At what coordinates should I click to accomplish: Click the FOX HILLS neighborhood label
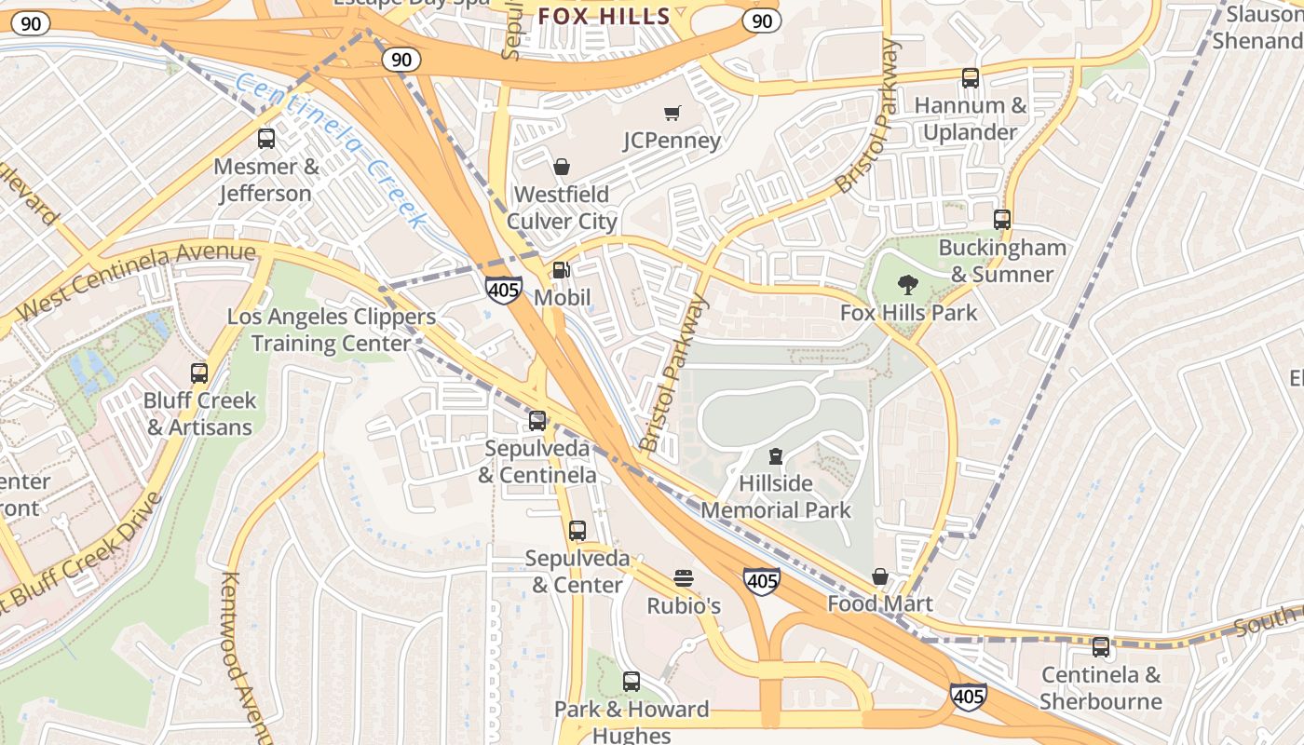point(604,16)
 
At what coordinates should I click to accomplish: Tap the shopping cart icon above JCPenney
point(672,113)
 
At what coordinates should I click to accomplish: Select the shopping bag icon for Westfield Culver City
point(562,167)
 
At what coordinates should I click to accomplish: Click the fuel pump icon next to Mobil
point(562,270)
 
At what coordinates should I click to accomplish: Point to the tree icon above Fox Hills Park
point(908,285)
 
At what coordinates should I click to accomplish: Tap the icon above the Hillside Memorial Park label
point(775,456)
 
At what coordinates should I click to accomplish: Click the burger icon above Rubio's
point(684,578)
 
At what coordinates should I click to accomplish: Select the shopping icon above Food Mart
point(879,576)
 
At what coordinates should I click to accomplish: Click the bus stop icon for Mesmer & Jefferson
point(266,139)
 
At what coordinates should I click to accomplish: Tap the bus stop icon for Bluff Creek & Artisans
point(199,373)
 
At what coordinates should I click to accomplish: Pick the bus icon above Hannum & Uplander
point(970,78)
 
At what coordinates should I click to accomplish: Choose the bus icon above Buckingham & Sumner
point(1002,220)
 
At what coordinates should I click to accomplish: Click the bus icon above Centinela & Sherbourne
point(1101,646)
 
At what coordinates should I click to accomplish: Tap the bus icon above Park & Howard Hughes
point(632,682)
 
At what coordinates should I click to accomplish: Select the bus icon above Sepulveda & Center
point(577,531)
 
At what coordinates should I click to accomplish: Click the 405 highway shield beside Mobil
point(503,290)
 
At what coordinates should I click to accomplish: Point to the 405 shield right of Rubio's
point(762,582)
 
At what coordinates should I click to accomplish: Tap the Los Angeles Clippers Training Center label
point(332,330)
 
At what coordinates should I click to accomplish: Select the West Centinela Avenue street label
point(136,279)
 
